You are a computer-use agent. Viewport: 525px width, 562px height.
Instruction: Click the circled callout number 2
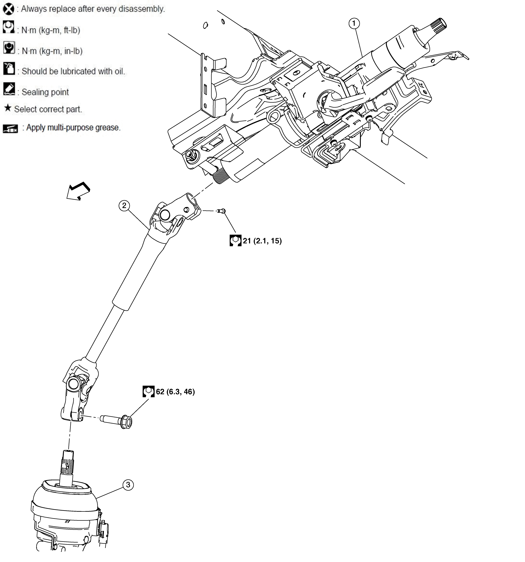[124, 206]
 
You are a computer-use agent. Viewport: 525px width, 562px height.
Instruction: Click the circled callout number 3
[128, 485]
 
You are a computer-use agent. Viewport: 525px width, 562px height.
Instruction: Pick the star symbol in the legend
[8, 108]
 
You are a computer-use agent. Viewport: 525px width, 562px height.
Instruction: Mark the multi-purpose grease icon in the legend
[10, 129]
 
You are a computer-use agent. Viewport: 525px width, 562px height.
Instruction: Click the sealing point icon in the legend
[9, 89]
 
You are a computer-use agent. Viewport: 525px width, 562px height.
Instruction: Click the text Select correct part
[48, 109]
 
